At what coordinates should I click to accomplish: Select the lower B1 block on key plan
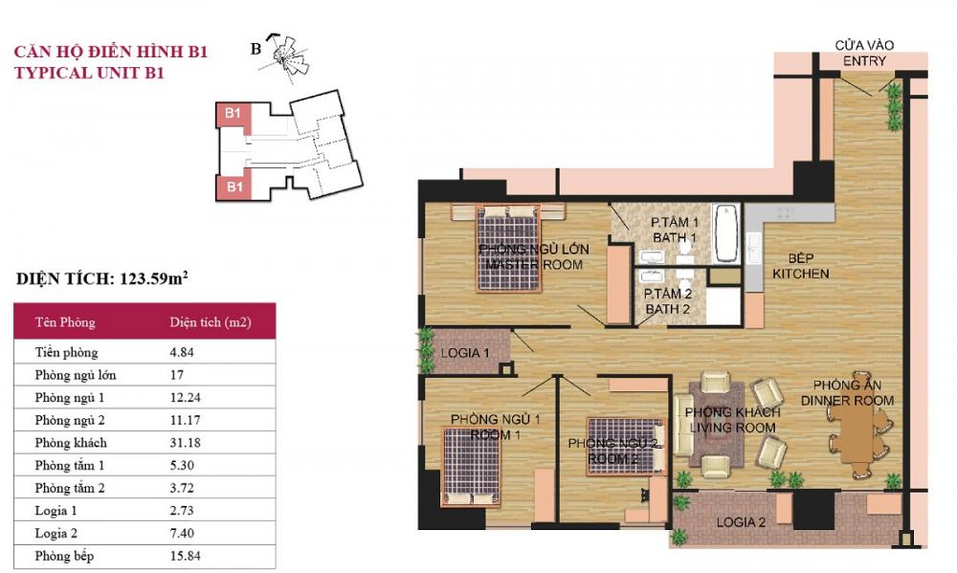pos(233,187)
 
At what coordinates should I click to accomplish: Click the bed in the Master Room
pos(510,247)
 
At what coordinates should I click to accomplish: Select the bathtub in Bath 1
pos(725,232)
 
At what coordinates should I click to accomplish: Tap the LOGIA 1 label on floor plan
pos(465,353)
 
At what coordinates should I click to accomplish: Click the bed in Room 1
pos(470,466)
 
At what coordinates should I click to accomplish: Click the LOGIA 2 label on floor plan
pos(743,523)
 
